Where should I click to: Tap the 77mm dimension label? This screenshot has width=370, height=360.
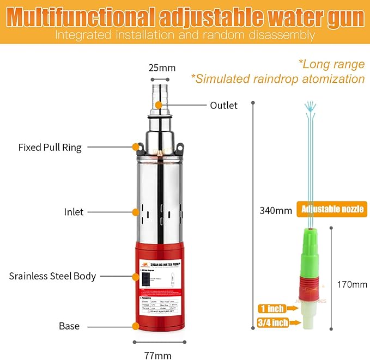click(158, 355)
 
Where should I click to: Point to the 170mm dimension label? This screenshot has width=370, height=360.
click(352, 284)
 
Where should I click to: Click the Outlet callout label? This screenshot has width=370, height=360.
click(224, 106)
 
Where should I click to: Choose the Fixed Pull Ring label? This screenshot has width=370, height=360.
click(50, 147)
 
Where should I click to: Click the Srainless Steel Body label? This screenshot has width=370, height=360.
click(52, 276)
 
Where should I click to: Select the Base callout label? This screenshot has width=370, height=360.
click(69, 326)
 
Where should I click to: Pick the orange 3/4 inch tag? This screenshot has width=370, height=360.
click(272, 322)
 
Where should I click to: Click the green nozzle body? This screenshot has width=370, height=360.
click(310, 253)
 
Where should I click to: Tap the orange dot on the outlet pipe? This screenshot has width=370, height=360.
click(158, 105)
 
